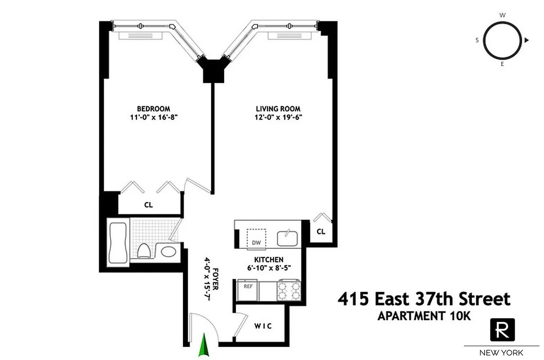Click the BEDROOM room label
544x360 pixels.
pyautogui.click(x=154, y=108)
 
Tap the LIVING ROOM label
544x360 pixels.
pyautogui.click(x=278, y=108)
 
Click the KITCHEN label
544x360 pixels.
pyautogui.click(x=269, y=260)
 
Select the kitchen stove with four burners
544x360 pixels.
pyautogui.click(x=289, y=290)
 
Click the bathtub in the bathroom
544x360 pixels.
pyautogui.click(x=118, y=243)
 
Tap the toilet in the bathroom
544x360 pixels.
pyautogui.click(x=144, y=250)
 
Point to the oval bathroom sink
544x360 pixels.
pyautogui.click(x=169, y=251)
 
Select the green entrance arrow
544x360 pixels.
pyautogui.click(x=204, y=345)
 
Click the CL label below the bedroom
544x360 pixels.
pyautogui.click(x=149, y=205)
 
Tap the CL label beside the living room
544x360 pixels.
pyautogui.click(x=321, y=232)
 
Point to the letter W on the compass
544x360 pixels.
pyautogui.click(x=502, y=15)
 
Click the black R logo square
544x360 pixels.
pyautogui.click(x=502, y=330)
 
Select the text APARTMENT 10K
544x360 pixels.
pyautogui.click(x=424, y=316)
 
